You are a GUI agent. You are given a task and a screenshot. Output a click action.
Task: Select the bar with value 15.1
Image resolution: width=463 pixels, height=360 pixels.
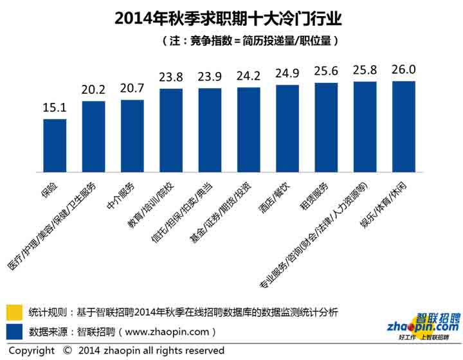pyautogui.click(x=55, y=147)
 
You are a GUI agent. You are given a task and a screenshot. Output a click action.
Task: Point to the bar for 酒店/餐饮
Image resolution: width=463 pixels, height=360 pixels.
pyautogui.click(x=287, y=129)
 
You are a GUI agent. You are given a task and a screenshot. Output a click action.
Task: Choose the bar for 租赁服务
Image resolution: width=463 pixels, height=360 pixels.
pyautogui.click(x=326, y=128)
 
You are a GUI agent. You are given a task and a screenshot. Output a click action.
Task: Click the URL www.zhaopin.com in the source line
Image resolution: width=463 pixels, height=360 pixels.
pyautogui.click(x=165, y=332)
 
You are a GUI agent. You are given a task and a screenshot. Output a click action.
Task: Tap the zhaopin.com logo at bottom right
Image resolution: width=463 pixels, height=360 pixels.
pyautogui.click(x=421, y=325)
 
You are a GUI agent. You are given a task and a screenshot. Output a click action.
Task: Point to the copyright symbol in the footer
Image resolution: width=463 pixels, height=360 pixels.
pyautogui.click(x=68, y=351)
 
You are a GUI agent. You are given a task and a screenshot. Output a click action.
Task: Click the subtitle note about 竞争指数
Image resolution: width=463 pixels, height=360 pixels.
pyautogui.click(x=250, y=40)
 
